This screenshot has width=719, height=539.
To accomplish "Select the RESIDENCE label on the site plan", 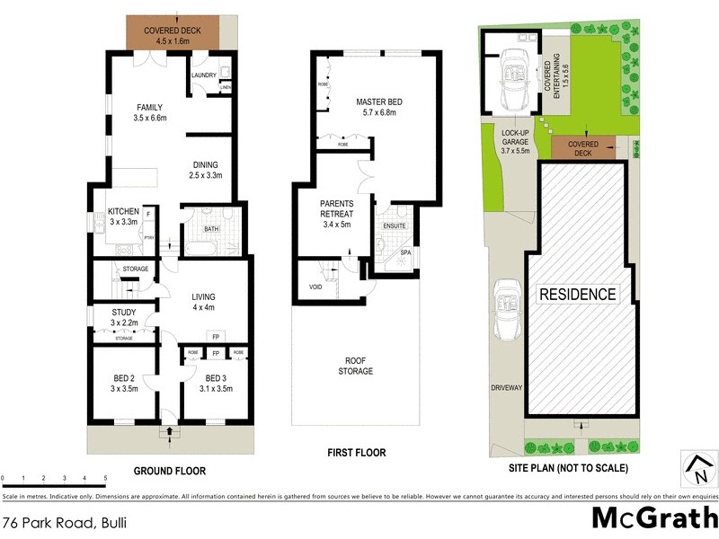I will (x=577, y=294).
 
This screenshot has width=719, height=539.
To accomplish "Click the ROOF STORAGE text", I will (x=356, y=366).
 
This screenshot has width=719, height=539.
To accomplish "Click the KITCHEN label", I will (x=123, y=211).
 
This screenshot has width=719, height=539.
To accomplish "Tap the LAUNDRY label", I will (x=203, y=75).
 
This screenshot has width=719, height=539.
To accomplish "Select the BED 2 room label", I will (x=122, y=377).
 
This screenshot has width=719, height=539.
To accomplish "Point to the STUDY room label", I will (x=123, y=312).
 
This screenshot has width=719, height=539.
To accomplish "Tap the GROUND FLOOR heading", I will (x=170, y=470).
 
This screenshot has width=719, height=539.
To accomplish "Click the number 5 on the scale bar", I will (x=106, y=478).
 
